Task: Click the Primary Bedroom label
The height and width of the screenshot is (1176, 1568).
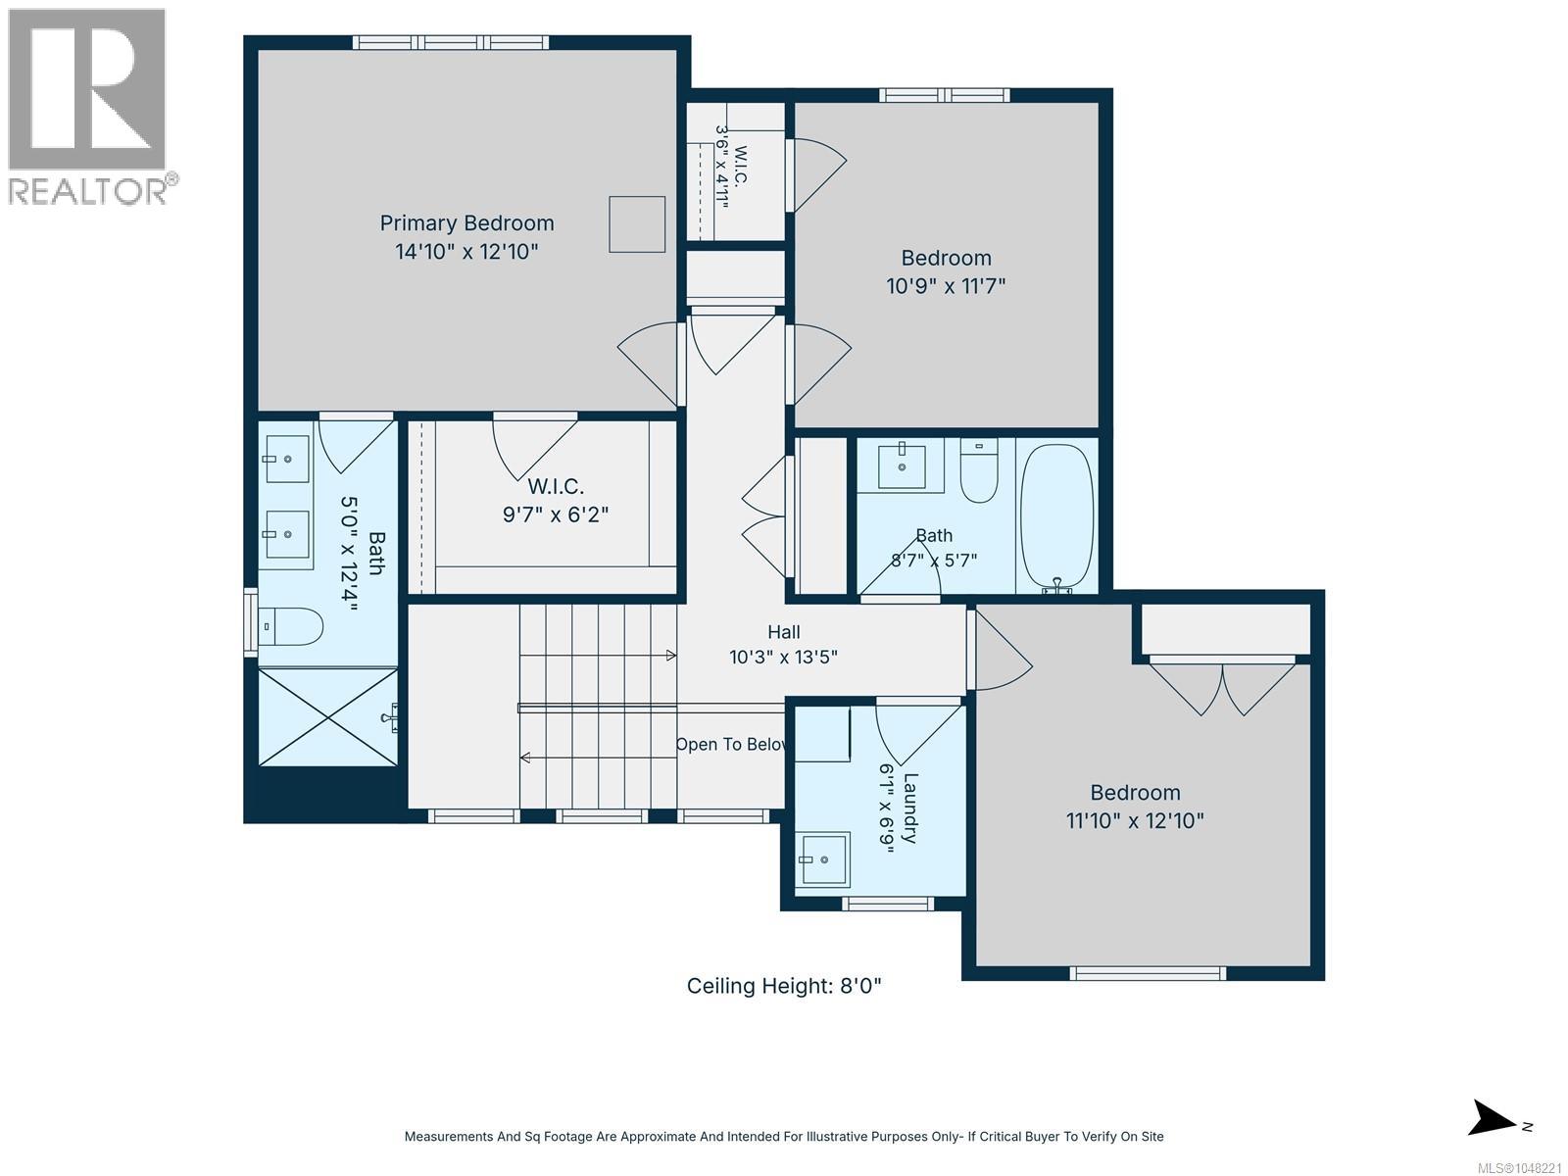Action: [x=466, y=223]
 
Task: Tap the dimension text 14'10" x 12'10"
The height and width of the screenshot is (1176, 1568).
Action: [x=466, y=251]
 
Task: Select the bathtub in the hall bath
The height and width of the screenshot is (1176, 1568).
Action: [x=1056, y=516]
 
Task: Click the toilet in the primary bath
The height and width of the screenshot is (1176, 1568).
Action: [x=290, y=627]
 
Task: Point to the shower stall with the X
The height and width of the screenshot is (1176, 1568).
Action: [x=328, y=717]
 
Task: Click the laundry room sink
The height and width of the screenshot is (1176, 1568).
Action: [x=823, y=859]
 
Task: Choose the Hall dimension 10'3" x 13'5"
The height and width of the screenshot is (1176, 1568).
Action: [x=783, y=657]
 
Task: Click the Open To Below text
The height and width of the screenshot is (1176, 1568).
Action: [x=731, y=744]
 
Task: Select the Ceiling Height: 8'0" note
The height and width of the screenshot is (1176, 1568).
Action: [x=784, y=986]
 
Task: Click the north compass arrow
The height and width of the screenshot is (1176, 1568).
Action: [x=1492, y=1117]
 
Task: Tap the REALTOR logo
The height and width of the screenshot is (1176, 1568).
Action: [x=88, y=107]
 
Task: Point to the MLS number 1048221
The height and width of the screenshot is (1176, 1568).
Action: [x=1519, y=1168]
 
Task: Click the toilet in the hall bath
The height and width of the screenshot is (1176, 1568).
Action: [x=979, y=470]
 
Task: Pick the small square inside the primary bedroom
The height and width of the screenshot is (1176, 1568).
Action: [x=636, y=224]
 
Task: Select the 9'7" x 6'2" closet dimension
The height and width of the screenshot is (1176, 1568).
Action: [x=555, y=514]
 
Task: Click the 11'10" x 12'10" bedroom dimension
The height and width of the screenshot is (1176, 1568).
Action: [x=1135, y=820]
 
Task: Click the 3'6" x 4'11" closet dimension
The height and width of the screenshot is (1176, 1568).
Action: [x=721, y=167]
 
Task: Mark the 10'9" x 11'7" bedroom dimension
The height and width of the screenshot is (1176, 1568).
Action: [x=946, y=286]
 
